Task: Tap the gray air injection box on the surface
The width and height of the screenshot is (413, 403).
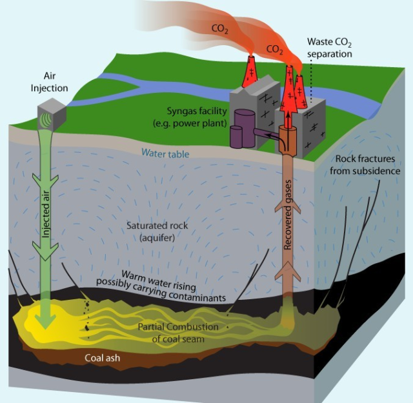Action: (x=52, y=113)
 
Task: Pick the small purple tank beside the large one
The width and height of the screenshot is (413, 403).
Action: (x=237, y=136)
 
